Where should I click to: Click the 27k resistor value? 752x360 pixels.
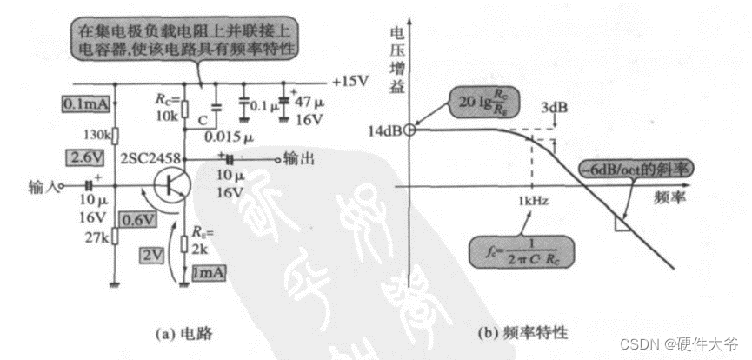[98, 237]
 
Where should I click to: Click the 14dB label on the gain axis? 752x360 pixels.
[384, 130]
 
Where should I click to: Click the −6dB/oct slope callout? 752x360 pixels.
[636, 169]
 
